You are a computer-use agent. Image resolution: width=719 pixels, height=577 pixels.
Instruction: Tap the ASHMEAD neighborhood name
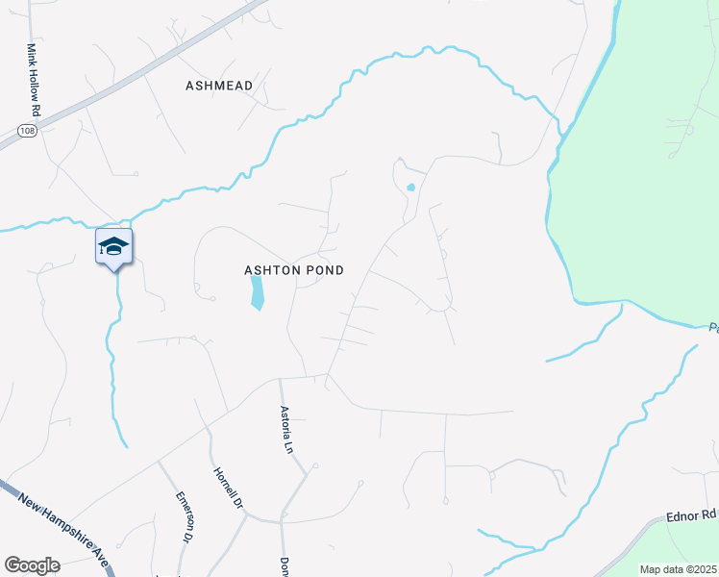pyautogui.click(x=219, y=86)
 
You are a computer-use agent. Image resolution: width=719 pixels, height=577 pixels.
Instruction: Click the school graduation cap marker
pyautogui.click(x=113, y=247)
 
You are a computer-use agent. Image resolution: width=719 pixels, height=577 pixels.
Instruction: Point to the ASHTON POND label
pyautogui.click(x=293, y=271)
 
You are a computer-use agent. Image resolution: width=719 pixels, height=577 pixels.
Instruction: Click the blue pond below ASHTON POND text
pyautogui.click(x=257, y=293)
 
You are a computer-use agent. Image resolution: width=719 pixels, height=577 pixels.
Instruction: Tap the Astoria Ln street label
pyautogui.click(x=285, y=428)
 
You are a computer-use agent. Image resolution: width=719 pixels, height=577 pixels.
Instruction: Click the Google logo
pyautogui.click(x=32, y=565)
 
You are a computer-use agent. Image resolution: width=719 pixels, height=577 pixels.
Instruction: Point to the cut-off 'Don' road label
pyautogui.click(x=285, y=567)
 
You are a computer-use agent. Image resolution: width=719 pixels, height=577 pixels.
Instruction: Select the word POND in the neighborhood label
pyautogui.click(x=324, y=271)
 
